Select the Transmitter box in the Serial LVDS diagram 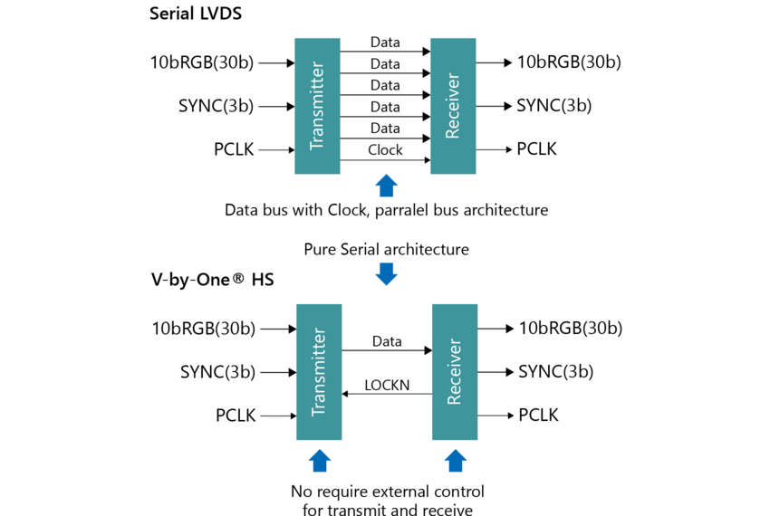click(x=317, y=106)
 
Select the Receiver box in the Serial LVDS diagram click(x=453, y=106)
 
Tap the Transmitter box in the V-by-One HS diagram click(x=319, y=372)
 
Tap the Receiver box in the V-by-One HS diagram click(x=455, y=372)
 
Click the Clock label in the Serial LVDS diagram click(x=385, y=150)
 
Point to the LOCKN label click(x=387, y=386)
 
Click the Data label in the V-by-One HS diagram click(x=387, y=341)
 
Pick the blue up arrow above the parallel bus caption click(x=386, y=186)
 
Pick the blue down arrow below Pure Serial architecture click(x=386, y=273)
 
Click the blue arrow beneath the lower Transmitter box click(x=319, y=461)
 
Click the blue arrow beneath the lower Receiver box click(x=455, y=461)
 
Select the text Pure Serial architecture click(x=386, y=249)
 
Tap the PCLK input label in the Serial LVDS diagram click(x=235, y=149)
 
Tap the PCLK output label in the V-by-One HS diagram click(x=538, y=416)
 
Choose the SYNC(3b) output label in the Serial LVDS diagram click(x=553, y=106)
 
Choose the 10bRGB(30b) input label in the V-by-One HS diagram click(x=204, y=329)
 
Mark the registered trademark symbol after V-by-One click(x=237, y=280)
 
